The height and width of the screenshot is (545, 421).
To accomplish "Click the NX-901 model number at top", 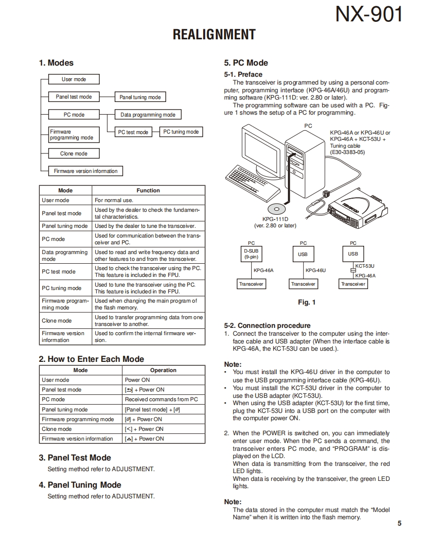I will [x=369, y=15].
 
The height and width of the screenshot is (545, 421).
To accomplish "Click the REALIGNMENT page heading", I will [x=214, y=35].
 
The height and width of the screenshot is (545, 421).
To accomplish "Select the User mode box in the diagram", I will [x=74, y=79].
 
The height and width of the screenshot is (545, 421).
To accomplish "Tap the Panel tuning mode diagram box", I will [x=140, y=97].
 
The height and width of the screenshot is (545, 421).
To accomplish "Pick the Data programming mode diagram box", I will [x=148, y=115].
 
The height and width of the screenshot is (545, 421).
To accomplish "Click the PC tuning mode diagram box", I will [x=181, y=132].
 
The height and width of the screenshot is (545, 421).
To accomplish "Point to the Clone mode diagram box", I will [x=74, y=153].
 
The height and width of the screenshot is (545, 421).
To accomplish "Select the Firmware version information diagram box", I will [x=86, y=171].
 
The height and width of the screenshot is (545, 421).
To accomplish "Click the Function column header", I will [x=148, y=190].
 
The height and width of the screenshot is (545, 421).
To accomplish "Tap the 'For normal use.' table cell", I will [x=114, y=200].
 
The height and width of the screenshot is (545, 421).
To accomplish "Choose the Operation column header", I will [x=163, y=370].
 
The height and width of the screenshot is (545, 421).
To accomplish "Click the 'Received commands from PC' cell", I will [x=161, y=399].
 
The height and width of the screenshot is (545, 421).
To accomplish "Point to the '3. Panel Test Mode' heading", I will [x=75, y=458].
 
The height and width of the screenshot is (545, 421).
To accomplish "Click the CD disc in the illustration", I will [x=277, y=209].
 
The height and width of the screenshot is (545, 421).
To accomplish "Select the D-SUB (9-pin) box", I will [x=251, y=254].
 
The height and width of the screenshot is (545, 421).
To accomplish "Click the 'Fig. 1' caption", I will [x=307, y=302].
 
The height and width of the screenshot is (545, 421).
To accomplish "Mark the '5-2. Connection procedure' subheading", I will [x=267, y=325].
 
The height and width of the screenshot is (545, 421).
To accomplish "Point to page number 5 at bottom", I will [x=399, y=523].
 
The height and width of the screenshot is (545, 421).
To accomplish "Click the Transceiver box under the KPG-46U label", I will [x=303, y=284].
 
